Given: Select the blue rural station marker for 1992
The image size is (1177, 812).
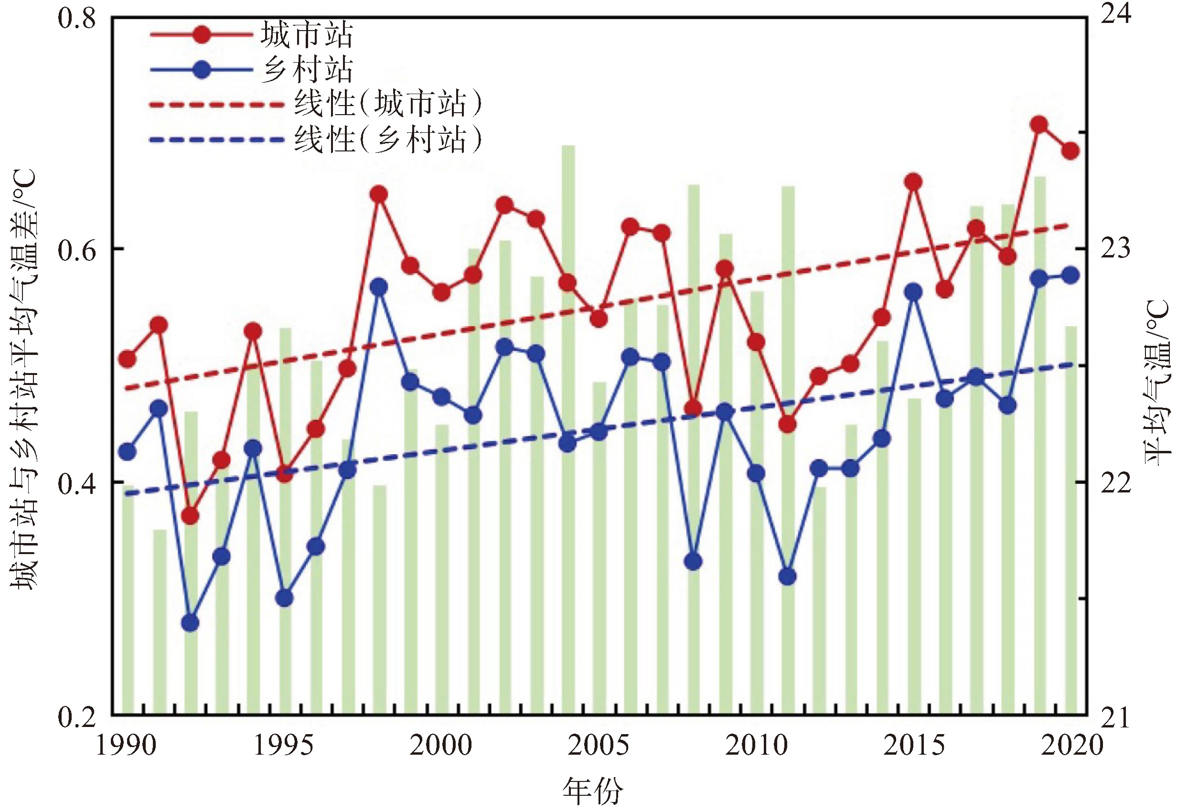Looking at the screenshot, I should (190, 622).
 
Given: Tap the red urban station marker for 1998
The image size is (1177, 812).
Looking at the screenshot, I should (379, 194).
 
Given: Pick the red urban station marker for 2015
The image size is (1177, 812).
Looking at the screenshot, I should (914, 182).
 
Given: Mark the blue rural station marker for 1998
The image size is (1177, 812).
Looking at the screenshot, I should (379, 287).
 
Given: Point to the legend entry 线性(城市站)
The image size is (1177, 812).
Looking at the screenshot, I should (387, 104).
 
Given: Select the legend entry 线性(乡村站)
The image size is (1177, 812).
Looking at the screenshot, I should (387, 139).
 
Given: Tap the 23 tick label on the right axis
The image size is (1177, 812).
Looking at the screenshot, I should (1115, 249).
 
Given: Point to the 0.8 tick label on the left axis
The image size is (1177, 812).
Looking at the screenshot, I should (77, 19).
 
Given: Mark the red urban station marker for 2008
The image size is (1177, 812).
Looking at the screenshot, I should (693, 408).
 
